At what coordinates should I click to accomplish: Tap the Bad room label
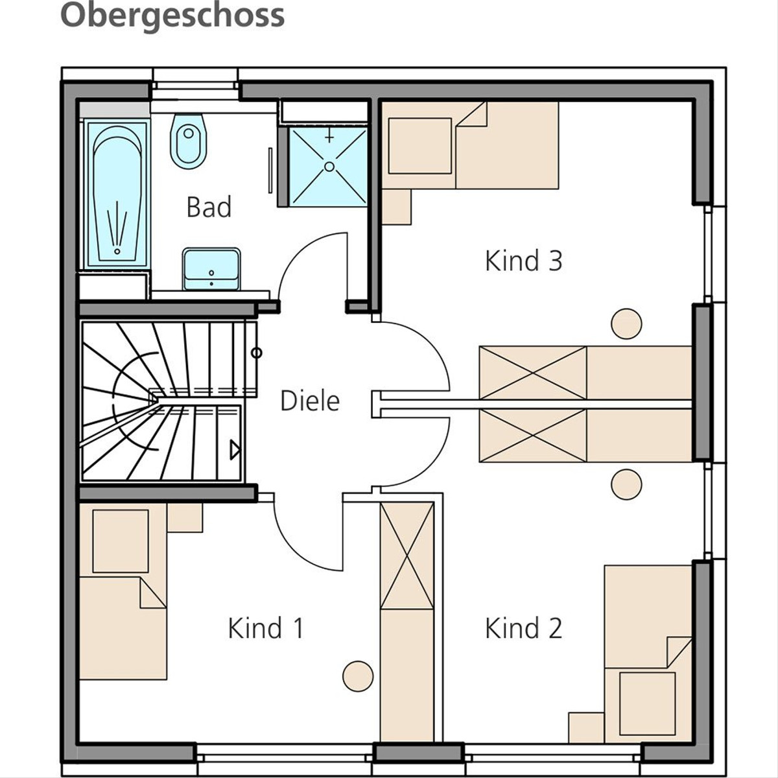point(209,207)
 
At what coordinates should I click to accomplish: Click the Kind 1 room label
point(266,628)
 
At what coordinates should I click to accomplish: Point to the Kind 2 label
point(523,628)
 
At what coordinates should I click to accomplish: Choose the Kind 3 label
point(524,261)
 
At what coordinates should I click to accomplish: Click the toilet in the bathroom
point(189,141)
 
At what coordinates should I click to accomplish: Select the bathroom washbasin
point(211,269)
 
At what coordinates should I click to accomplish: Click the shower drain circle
point(329,167)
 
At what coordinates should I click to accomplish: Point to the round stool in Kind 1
point(358,676)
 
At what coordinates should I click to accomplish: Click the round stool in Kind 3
point(626,324)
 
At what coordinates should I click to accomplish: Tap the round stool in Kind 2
point(626,484)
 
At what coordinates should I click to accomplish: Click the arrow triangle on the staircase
point(235,450)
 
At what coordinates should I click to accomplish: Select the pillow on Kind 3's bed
point(419,146)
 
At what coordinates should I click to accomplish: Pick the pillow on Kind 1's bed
point(121,541)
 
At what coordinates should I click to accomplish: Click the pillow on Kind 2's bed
point(647,703)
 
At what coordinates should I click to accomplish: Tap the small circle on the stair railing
point(256,353)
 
